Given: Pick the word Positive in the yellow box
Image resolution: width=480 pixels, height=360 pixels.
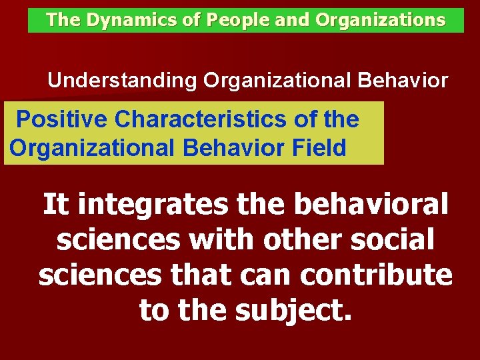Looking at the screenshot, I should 62,119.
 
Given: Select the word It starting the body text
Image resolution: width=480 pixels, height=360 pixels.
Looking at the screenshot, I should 56,205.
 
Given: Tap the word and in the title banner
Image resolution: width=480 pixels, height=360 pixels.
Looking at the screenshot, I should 291,20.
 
